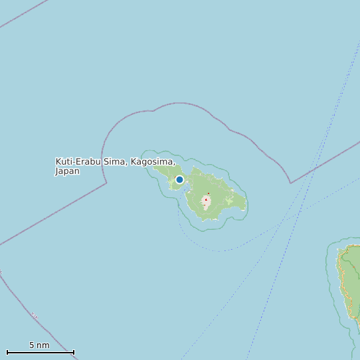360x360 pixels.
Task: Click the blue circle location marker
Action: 179,179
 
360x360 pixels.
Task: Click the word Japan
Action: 67,171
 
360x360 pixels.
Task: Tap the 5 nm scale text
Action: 39,345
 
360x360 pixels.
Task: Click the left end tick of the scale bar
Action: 7,352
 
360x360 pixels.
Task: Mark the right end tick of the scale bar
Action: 74,352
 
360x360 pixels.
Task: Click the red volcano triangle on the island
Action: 206,199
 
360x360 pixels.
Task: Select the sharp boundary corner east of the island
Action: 290,183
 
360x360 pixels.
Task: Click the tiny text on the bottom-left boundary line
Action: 34,315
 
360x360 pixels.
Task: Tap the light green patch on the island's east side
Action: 228,200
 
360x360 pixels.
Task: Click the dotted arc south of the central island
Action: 219,250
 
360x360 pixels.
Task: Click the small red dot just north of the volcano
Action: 209,193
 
